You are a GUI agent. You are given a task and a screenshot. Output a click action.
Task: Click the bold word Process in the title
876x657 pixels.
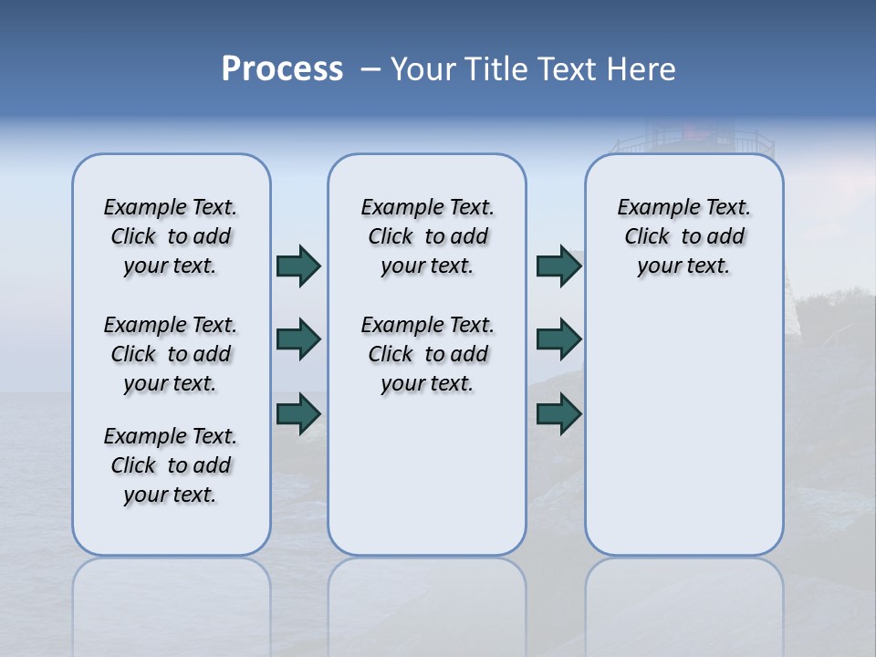(x=282, y=69)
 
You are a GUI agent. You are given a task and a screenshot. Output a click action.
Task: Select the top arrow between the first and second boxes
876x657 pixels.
(x=298, y=266)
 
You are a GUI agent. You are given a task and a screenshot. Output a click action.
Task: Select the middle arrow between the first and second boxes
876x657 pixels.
(x=298, y=340)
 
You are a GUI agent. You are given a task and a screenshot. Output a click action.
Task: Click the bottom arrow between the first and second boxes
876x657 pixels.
(x=298, y=414)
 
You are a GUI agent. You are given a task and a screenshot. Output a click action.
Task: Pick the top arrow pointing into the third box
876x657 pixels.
(x=558, y=266)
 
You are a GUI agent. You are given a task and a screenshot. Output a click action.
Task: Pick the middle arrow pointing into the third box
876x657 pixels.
(x=558, y=340)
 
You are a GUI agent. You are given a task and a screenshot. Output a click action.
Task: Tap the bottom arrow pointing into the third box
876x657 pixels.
(x=558, y=414)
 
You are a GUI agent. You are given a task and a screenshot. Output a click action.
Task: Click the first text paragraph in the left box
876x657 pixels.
(x=171, y=236)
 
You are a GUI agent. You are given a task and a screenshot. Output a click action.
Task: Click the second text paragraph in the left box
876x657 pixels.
(x=171, y=354)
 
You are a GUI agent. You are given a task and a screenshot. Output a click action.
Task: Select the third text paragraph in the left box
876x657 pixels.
(x=171, y=465)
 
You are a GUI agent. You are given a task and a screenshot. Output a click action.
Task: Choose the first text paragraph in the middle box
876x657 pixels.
(x=428, y=236)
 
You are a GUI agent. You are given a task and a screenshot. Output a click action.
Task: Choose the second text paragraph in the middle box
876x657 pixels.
(x=428, y=354)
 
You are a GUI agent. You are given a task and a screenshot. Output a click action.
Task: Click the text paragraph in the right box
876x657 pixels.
(x=684, y=236)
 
